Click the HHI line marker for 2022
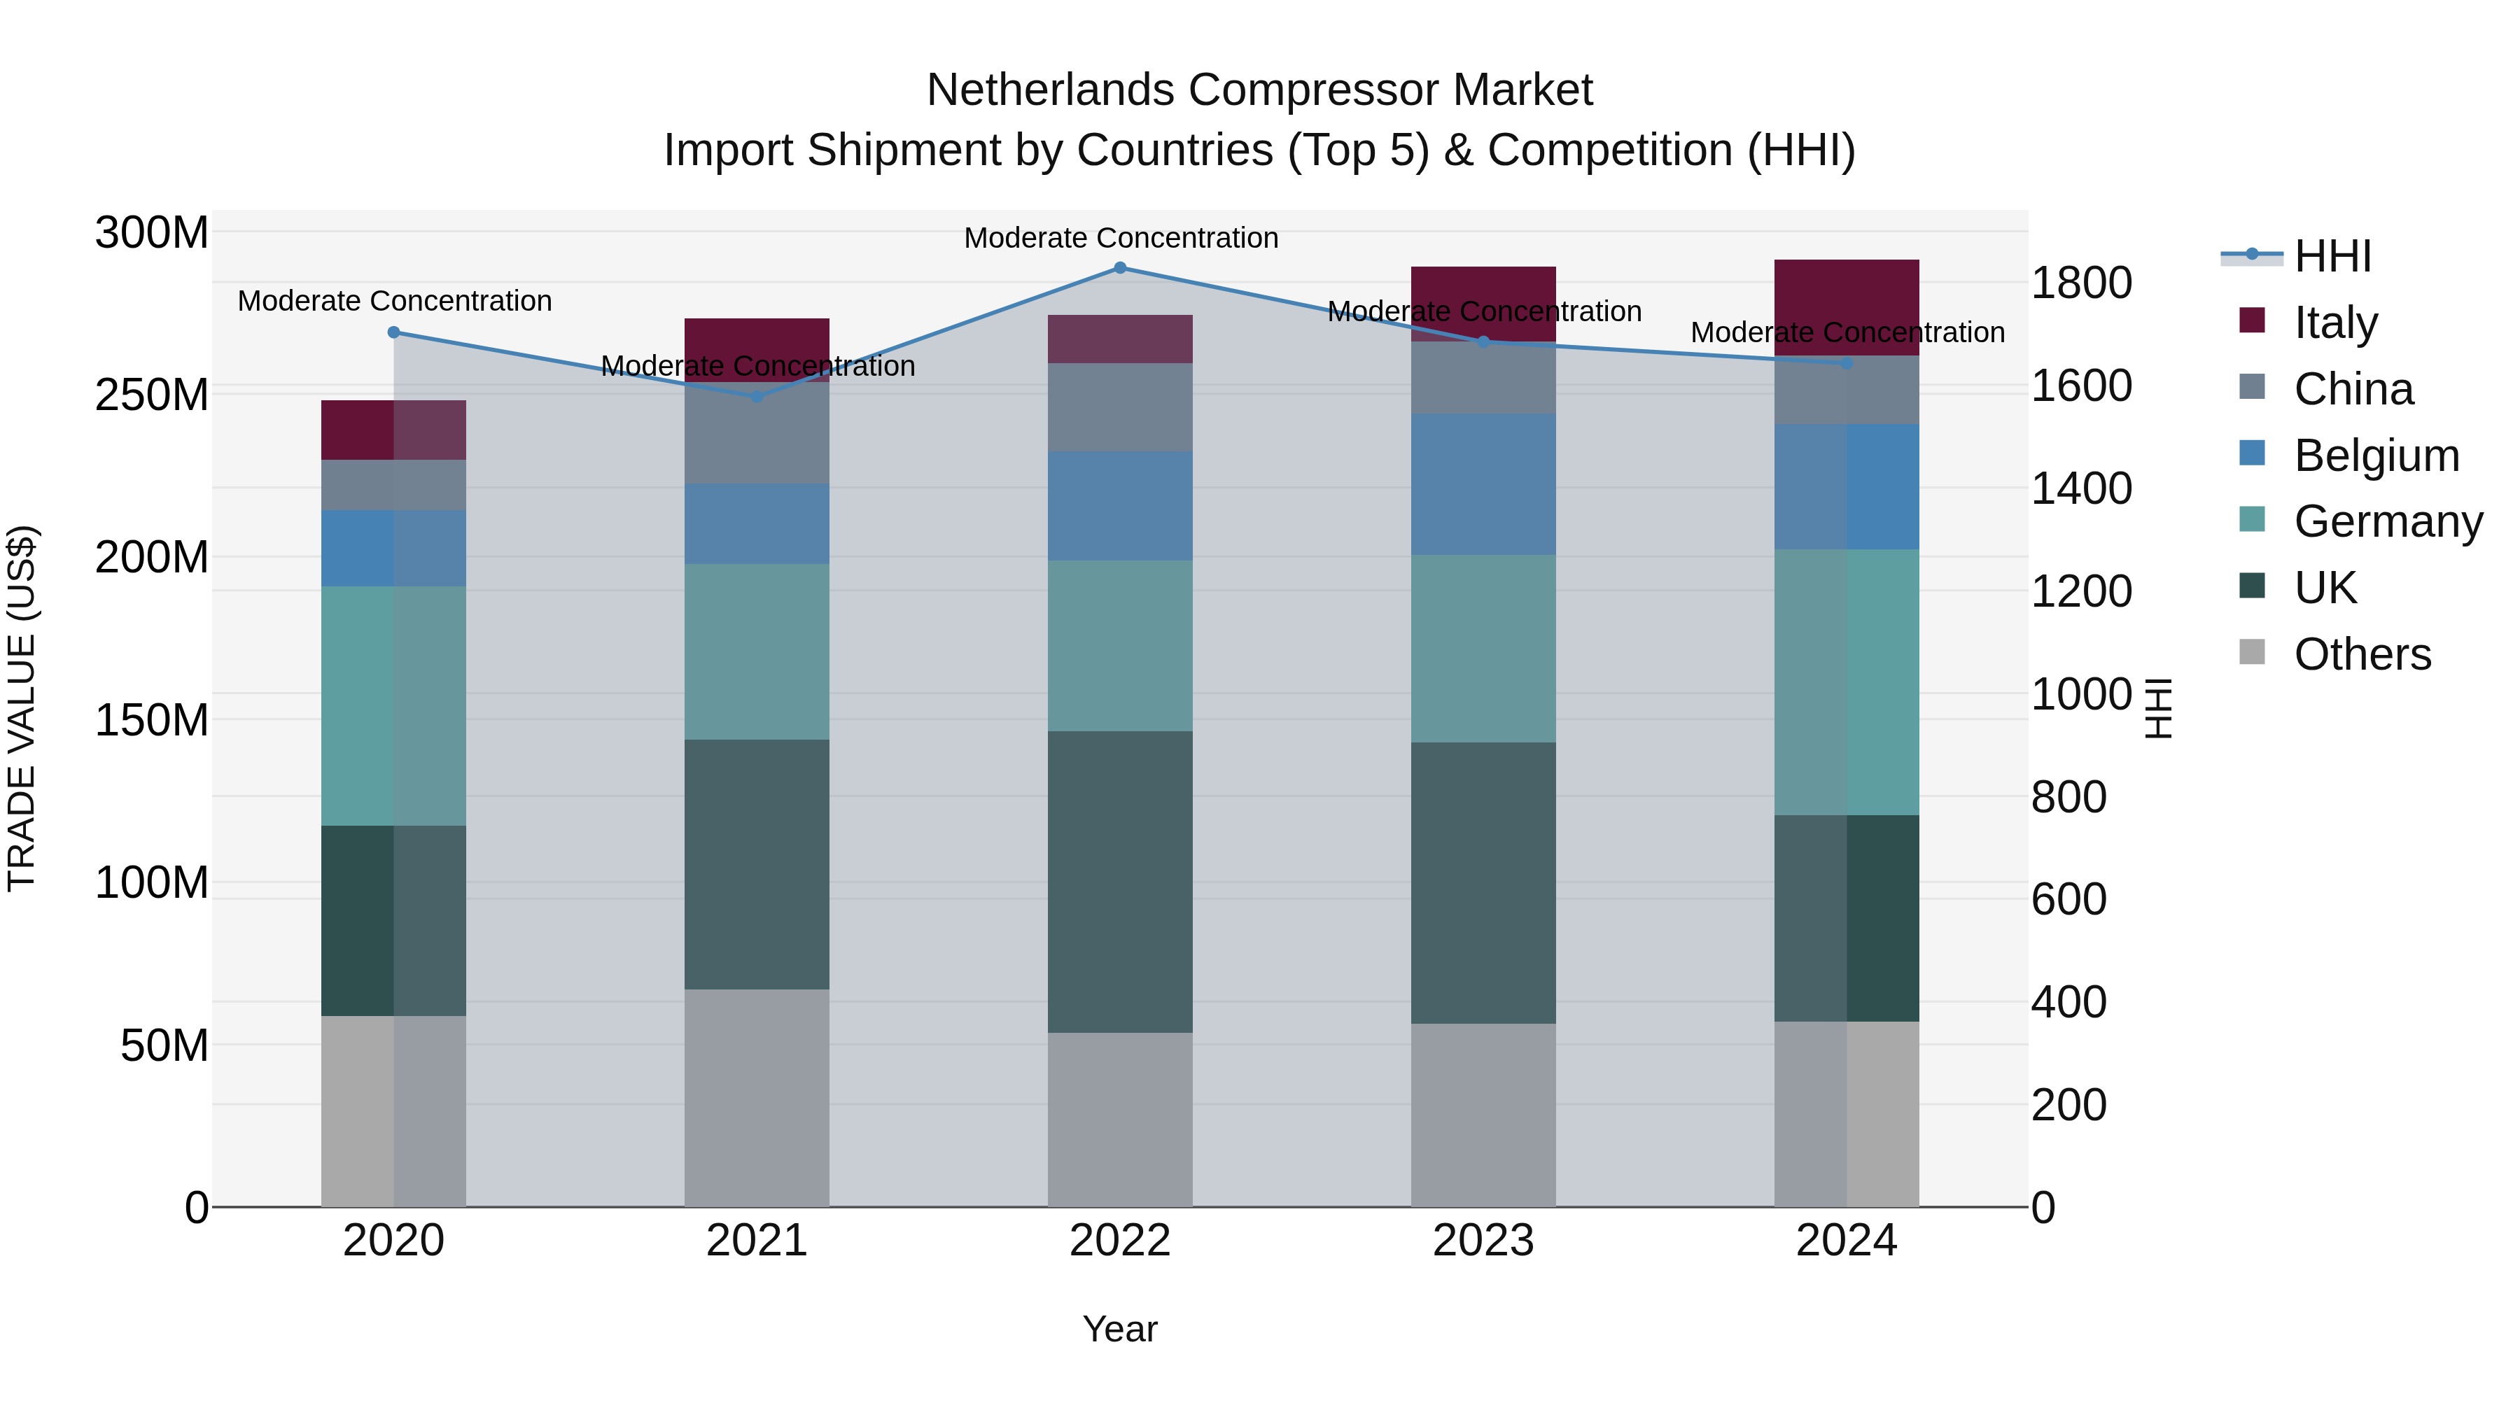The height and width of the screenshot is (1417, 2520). coord(1120,268)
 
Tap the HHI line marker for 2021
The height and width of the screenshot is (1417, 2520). coord(756,396)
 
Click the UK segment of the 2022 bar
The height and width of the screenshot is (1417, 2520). coord(1120,881)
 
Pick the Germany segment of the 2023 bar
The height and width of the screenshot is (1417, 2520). coord(1483,649)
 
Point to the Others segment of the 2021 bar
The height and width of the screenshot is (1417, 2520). coord(756,1097)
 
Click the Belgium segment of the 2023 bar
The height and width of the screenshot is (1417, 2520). coord(1483,484)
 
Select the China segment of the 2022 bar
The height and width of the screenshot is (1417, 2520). coord(1120,407)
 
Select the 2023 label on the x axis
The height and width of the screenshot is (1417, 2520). coord(1483,1241)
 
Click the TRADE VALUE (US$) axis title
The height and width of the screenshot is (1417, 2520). coord(22,708)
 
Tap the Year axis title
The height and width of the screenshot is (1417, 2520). coord(1120,1329)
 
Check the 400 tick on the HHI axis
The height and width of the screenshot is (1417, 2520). coord(2068,1002)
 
